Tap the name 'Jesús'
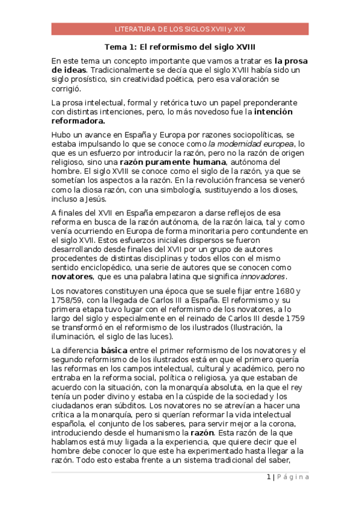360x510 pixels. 94,199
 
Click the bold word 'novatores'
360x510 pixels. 72,277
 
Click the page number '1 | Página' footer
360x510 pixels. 288,477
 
